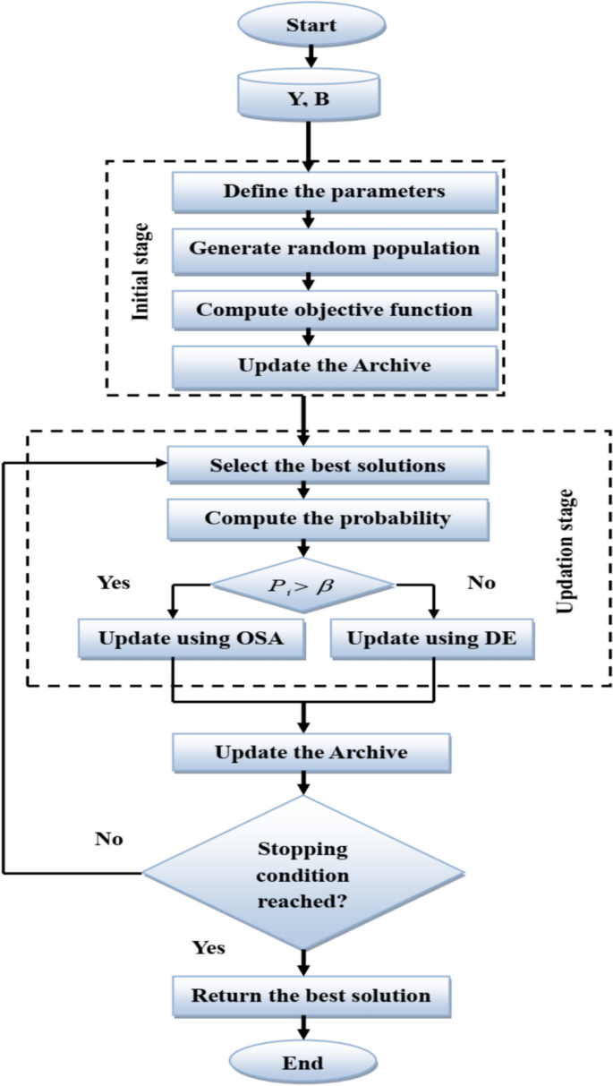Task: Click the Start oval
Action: click(310, 25)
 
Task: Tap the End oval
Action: click(304, 1064)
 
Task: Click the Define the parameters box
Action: click(334, 192)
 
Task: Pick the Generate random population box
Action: click(334, 248)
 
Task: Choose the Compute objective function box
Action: click(334, 310)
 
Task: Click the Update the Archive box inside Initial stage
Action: click(334, 365)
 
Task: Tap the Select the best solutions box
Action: click(328, 466)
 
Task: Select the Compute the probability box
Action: click(328, 518)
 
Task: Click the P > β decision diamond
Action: click(303, 586)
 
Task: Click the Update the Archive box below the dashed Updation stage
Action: click(311, 752)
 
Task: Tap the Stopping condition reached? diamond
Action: click(303, 874)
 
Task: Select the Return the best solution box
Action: click(311, 995)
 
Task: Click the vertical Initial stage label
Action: click(140, 273)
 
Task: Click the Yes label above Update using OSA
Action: click(113, 583)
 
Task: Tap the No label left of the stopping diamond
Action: click(108, 840)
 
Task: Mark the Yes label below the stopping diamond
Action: click(209, 947)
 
